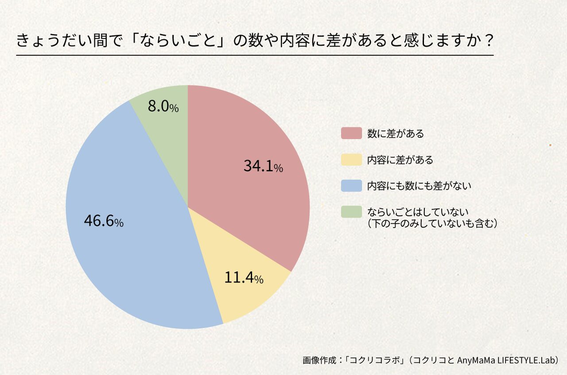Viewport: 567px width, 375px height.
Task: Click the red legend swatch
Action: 351,133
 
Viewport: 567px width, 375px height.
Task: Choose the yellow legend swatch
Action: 351,159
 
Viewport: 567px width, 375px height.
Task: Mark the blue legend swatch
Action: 351,186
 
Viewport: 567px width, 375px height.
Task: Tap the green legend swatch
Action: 351,212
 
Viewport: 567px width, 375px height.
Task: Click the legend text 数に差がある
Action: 396,133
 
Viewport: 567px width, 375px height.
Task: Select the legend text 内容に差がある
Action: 400,159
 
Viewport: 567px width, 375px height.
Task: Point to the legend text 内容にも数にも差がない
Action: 419,186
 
